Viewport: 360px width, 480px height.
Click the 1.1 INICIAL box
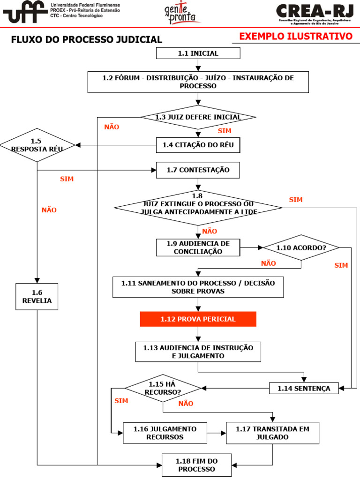point(198,53)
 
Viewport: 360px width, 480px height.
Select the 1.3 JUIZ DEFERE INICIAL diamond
point(198,117)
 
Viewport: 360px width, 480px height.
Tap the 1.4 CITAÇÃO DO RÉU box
point(198,145)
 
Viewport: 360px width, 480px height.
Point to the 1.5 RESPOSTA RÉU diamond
point(37,145)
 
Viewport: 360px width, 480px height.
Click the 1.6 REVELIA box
point(37,296)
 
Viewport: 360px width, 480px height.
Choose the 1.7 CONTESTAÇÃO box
point(198,170)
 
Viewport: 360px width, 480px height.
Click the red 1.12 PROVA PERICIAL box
point(198,319)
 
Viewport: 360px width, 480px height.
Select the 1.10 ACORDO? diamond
point(301,247)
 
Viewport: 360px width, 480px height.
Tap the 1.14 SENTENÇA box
point(304,388)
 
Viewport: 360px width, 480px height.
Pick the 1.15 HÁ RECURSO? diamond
point(163,388)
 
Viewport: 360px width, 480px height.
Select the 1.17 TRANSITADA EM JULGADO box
point(272,433)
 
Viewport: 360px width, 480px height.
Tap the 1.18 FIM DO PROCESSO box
point(197,465)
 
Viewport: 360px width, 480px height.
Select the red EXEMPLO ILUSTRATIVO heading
point(296,37)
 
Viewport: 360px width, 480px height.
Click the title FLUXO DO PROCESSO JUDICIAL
point(87,40)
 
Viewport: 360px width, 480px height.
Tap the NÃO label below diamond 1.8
point(210,231)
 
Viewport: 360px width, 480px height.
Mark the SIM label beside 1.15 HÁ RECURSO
point(121,401)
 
